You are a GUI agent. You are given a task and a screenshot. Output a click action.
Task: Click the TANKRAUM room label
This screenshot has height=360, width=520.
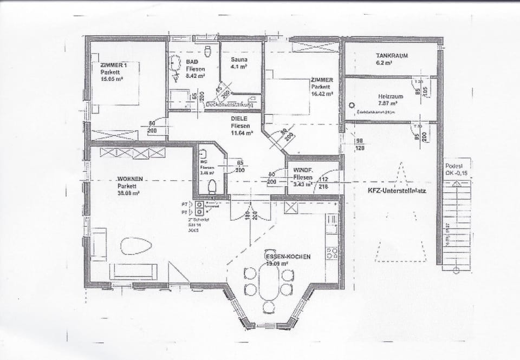click(x=392, y=56)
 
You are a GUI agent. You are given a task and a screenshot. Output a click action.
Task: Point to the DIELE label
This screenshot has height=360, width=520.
click(x=239, y=118)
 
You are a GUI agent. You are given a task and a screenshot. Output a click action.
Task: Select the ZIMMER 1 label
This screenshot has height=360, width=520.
click(x=114, y=65)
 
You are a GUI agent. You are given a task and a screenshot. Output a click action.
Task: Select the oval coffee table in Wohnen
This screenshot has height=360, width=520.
click(x=136, y=246)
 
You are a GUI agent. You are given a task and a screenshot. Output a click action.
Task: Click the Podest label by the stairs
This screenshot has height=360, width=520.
click(x=453, y=166)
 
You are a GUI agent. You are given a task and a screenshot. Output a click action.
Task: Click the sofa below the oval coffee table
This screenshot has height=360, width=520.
click(x=133, y=271)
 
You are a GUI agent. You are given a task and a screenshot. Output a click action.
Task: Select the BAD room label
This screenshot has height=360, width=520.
click(x=191, y=62)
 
